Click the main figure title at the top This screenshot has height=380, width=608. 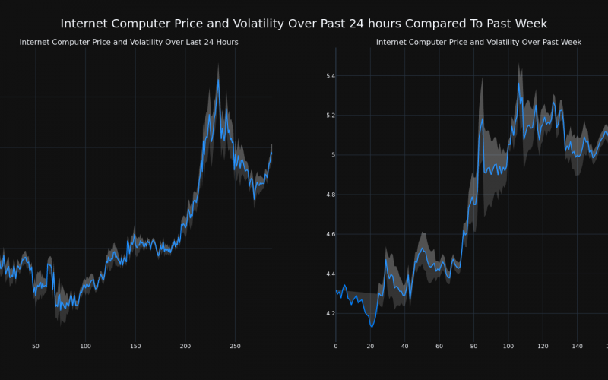(x=303, y=24)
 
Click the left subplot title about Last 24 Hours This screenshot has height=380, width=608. (x=128, y=42)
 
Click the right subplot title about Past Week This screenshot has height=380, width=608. (x=479, y=42)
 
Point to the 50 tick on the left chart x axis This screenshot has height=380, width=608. (x=35, y=347)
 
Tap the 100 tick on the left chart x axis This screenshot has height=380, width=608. (x=85, y=347)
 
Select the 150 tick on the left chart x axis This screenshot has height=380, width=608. (x=135, y=347)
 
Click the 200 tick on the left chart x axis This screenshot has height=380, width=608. (x=185, y=347)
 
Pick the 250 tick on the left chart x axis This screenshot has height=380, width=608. (x=235, y=347)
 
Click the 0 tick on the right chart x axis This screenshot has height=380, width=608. (x=336, y=347)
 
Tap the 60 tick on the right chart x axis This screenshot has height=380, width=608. (x=439, y=347)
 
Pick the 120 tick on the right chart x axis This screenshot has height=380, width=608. (x=543, y=347)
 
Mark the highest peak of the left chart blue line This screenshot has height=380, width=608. (x=218, y=79)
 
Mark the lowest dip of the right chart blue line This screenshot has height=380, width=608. (x=372, y=326)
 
